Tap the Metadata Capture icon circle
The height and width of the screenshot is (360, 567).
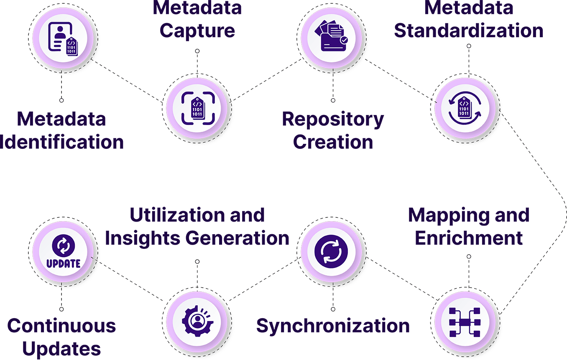(197, 108)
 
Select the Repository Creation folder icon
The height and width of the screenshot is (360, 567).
(333, 37)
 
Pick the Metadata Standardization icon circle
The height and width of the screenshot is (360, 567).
(465, 108)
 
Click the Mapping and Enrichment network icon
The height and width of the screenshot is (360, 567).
(465, 322)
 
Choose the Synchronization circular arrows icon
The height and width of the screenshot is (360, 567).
(333, 251)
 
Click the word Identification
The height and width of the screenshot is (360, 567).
(62, 142)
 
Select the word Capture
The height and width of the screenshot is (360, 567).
(197, 31)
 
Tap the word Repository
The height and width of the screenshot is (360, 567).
(333, 120)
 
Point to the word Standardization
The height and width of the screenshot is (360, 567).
(469, 31)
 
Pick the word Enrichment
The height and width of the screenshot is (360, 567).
(469, 238)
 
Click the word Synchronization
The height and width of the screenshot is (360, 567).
(333, 326)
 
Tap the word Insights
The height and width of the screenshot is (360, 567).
(143, 238)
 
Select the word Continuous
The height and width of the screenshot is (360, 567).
(61, 326)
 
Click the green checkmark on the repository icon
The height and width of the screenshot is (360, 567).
(344, 40)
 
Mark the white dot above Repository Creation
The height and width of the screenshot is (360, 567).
(333, 100)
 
